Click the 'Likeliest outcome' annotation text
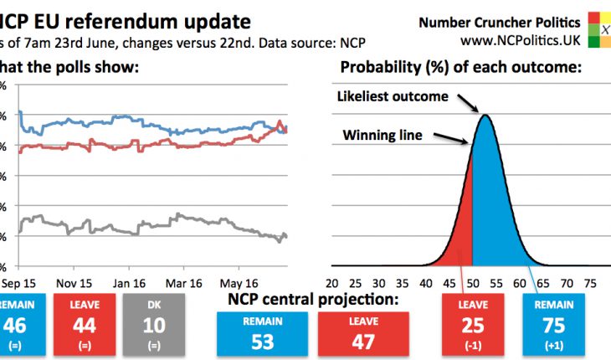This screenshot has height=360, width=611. [x=393, y=96]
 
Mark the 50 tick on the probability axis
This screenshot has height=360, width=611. [x=473, y=283]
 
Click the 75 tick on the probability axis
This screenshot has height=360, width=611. [x=591, y=283]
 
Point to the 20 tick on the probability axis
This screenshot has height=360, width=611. [x=332, y=283]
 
